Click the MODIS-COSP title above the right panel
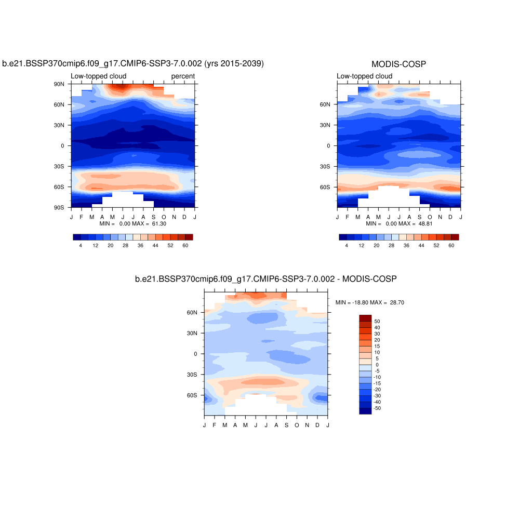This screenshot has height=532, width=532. point(398,64)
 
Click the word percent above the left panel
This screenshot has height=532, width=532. point(183,76)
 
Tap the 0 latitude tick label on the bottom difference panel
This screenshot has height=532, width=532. point(195,354)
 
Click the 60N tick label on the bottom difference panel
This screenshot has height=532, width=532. point(192,313)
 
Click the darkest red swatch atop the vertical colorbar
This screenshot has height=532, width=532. point(365,318)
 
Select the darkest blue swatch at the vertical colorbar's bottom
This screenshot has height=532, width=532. point(365,411)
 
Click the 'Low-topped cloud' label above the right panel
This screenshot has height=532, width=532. point(364,76)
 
